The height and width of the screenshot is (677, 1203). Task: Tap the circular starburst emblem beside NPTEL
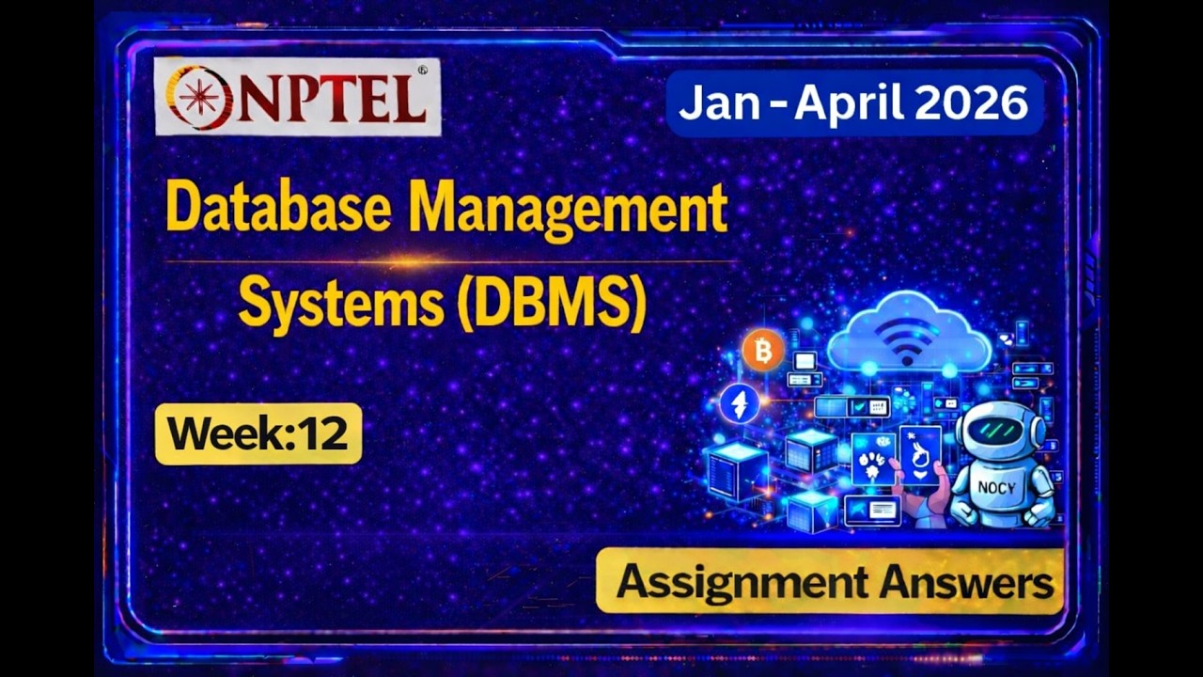pyautogui.click(x=199, y=97)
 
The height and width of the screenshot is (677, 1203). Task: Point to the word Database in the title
pyautogui.click(x=278, y=208)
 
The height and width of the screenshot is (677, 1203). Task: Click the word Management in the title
pyautogui.click(x=569, y=210)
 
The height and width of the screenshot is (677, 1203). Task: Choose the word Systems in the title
pyautogui.click(x=340, y=304)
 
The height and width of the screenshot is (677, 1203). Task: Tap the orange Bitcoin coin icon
pyautogui.click(x=763, y=352)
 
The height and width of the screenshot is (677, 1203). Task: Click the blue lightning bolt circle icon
pyautogui.click(x=740, y=403)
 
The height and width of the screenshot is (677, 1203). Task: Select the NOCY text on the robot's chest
pyautogui.click(x=996, y=487)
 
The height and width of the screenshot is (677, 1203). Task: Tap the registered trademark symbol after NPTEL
pyautogui.click(x=422, y=70)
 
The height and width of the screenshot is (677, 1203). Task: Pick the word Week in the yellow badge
pyautogui.click(x=222, y=433)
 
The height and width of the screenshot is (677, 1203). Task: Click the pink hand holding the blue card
pyautogui.click(x=916, y=503)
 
